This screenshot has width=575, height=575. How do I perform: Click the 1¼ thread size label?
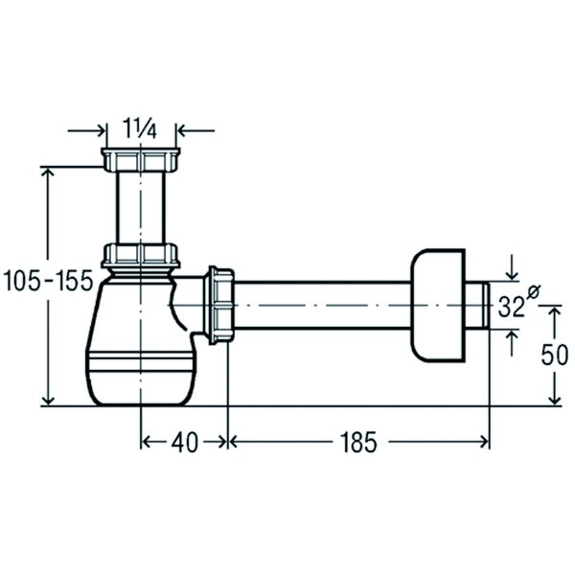click(139, 128)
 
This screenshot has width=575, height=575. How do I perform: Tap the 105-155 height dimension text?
click(48, 281)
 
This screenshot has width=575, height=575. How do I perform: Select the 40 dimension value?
click(184, 442)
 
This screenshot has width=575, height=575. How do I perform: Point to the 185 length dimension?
click(358, 442)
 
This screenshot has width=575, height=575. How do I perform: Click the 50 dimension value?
click(555, 355)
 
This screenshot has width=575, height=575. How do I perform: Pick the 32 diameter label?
click(511, 307)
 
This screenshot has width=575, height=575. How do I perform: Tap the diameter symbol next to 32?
click(534, 292)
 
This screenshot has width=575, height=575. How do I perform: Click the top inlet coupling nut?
click(141, 160)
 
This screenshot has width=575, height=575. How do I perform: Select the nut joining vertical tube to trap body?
click(141, 255)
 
